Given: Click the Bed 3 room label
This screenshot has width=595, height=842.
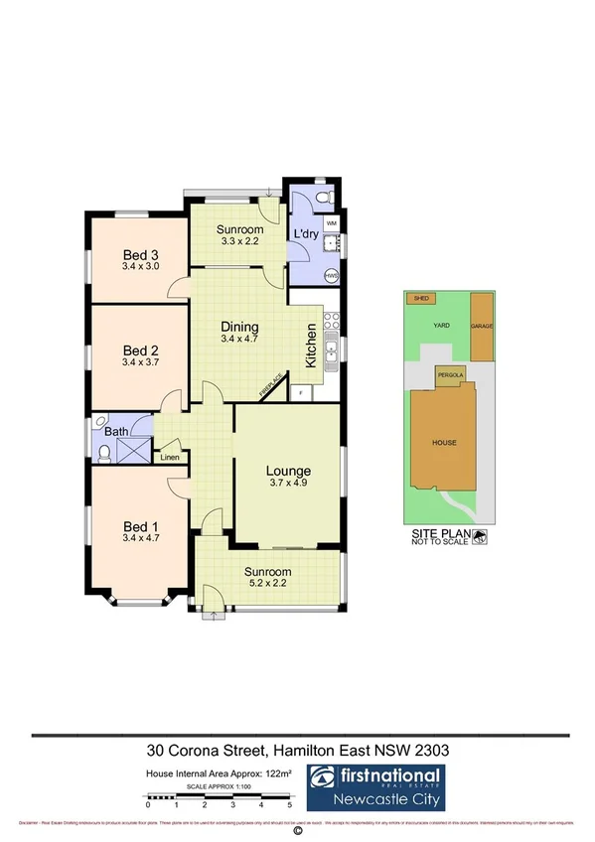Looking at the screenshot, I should (141, 253).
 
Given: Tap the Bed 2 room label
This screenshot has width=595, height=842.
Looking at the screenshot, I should (141, 350).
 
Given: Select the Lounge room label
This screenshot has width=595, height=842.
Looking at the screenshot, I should (289, 470).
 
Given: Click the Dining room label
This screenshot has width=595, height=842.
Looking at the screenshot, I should (239, 327).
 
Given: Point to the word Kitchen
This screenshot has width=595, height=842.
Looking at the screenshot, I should (311, 346).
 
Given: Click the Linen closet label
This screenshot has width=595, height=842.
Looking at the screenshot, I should (170, 458).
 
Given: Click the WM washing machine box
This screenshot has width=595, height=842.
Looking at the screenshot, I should (331, 224).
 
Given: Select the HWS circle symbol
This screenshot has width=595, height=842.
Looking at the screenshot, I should (332, 274).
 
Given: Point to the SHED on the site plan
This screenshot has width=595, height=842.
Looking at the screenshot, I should (421, 298).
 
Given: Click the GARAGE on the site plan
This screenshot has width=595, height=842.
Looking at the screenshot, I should (482, 326).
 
